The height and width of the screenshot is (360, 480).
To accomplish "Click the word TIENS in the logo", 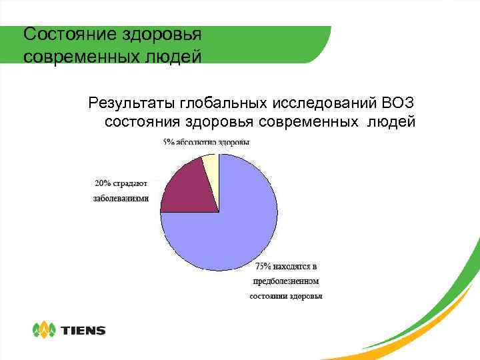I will click(83, 330).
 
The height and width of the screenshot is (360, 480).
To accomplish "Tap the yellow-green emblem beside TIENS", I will click(45, 330).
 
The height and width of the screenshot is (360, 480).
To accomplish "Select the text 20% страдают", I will click(120, 183).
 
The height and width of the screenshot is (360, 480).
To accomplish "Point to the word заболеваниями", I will click(121, 198).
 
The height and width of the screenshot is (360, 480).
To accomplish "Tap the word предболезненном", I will click(286, 281).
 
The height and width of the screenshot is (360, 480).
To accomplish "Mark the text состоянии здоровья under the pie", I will click(286, 296).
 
